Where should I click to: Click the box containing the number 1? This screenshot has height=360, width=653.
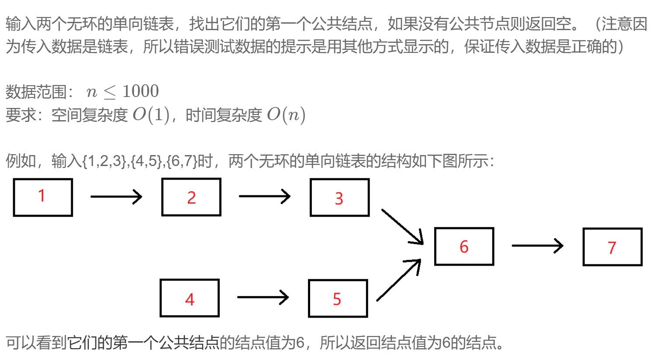pyautogui.click(x=43, y=197)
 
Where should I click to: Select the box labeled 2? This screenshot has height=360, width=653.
pyautogui.click(x=191, y=197)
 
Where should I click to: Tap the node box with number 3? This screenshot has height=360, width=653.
pyautogui.click(x=339, y=197)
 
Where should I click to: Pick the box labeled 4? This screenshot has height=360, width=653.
pyautogui.click(x=190, y=298)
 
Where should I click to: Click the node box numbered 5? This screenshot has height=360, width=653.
pyautogui.click(x=338, y=298)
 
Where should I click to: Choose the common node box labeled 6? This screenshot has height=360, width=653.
pyautogui.click(x=464, y=246)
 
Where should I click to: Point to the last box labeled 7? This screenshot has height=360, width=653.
pyautogui.click(x=612, y=247)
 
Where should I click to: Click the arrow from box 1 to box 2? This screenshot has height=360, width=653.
pyautogui.click(x=116, y=197)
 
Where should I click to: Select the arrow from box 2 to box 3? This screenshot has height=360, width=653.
pyautogui.click(x=265, y=196)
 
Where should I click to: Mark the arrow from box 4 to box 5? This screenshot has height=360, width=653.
pyautogui.click(x=263, y=297)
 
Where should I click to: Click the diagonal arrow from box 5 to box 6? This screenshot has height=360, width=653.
pyautogui.click(x=398, y=280)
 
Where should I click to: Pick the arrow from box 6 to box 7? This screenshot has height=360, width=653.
pyautogui.click(x=537, y=246)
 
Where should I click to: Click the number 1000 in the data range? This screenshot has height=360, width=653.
pyautogui.click(x=140, y=91)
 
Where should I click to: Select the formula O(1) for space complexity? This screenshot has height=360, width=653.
pyautogui.click(x=151, y=115)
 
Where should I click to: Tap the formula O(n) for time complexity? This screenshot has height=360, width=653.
pyautogui.click(x=286, y=115)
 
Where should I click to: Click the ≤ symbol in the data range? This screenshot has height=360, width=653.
pyautogui.click(x=110, y=92)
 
